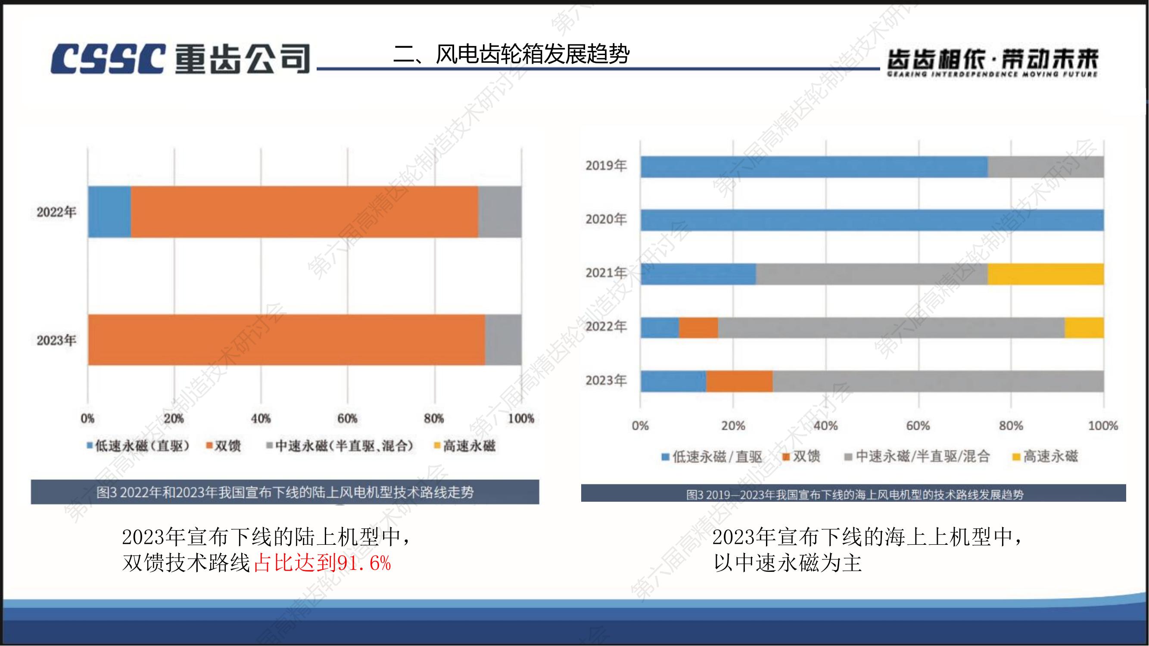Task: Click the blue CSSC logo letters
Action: click(x=107, y=59)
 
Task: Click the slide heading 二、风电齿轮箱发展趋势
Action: click(x=511, y=54)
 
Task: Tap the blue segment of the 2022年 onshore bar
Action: click(x=109, y=212)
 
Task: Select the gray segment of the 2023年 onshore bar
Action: click(x=503, y=340)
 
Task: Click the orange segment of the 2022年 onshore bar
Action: click(x=304, y=212)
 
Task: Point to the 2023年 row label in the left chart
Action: click(x=56, y=341)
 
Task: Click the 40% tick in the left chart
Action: click(x=261, y=419)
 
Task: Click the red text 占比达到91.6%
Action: click(x=323, y=563)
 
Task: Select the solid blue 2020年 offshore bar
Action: click(x=872, y=220)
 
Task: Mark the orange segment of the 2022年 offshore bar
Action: click(x=698, y=328)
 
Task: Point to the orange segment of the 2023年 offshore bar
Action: click(x=740, y=382)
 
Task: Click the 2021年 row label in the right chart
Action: click(x=606, y=273)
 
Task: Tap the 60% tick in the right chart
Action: click(x=918, y=426)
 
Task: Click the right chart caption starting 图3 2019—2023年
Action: click(x=854, y=494)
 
